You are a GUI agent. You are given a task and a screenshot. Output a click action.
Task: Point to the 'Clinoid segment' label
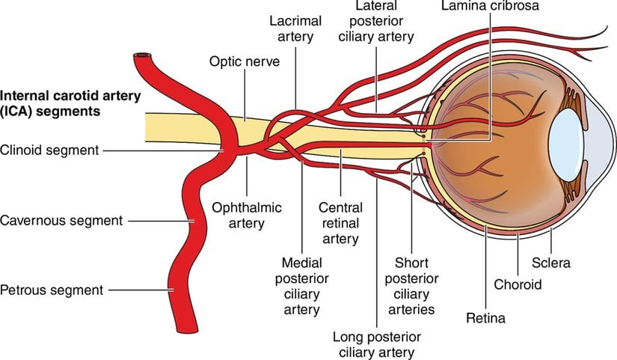[50, 150]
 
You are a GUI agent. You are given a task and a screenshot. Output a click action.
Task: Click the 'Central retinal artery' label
[340, 223]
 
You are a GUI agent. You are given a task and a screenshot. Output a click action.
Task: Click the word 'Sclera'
[553, 263]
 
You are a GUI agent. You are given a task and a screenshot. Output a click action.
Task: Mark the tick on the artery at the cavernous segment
[193, 220]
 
